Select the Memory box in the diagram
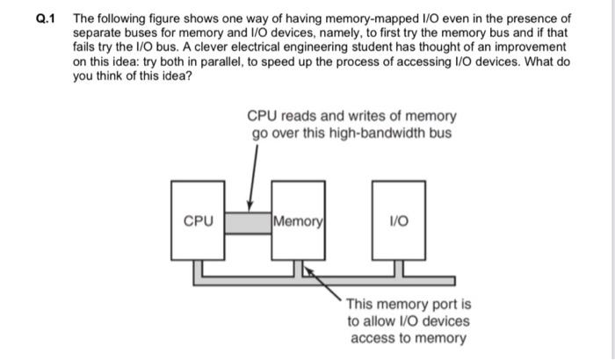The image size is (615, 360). (x=299, y=237)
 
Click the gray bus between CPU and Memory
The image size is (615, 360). (x=248, y=221)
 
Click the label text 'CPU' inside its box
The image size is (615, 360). (x=198, y=221)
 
